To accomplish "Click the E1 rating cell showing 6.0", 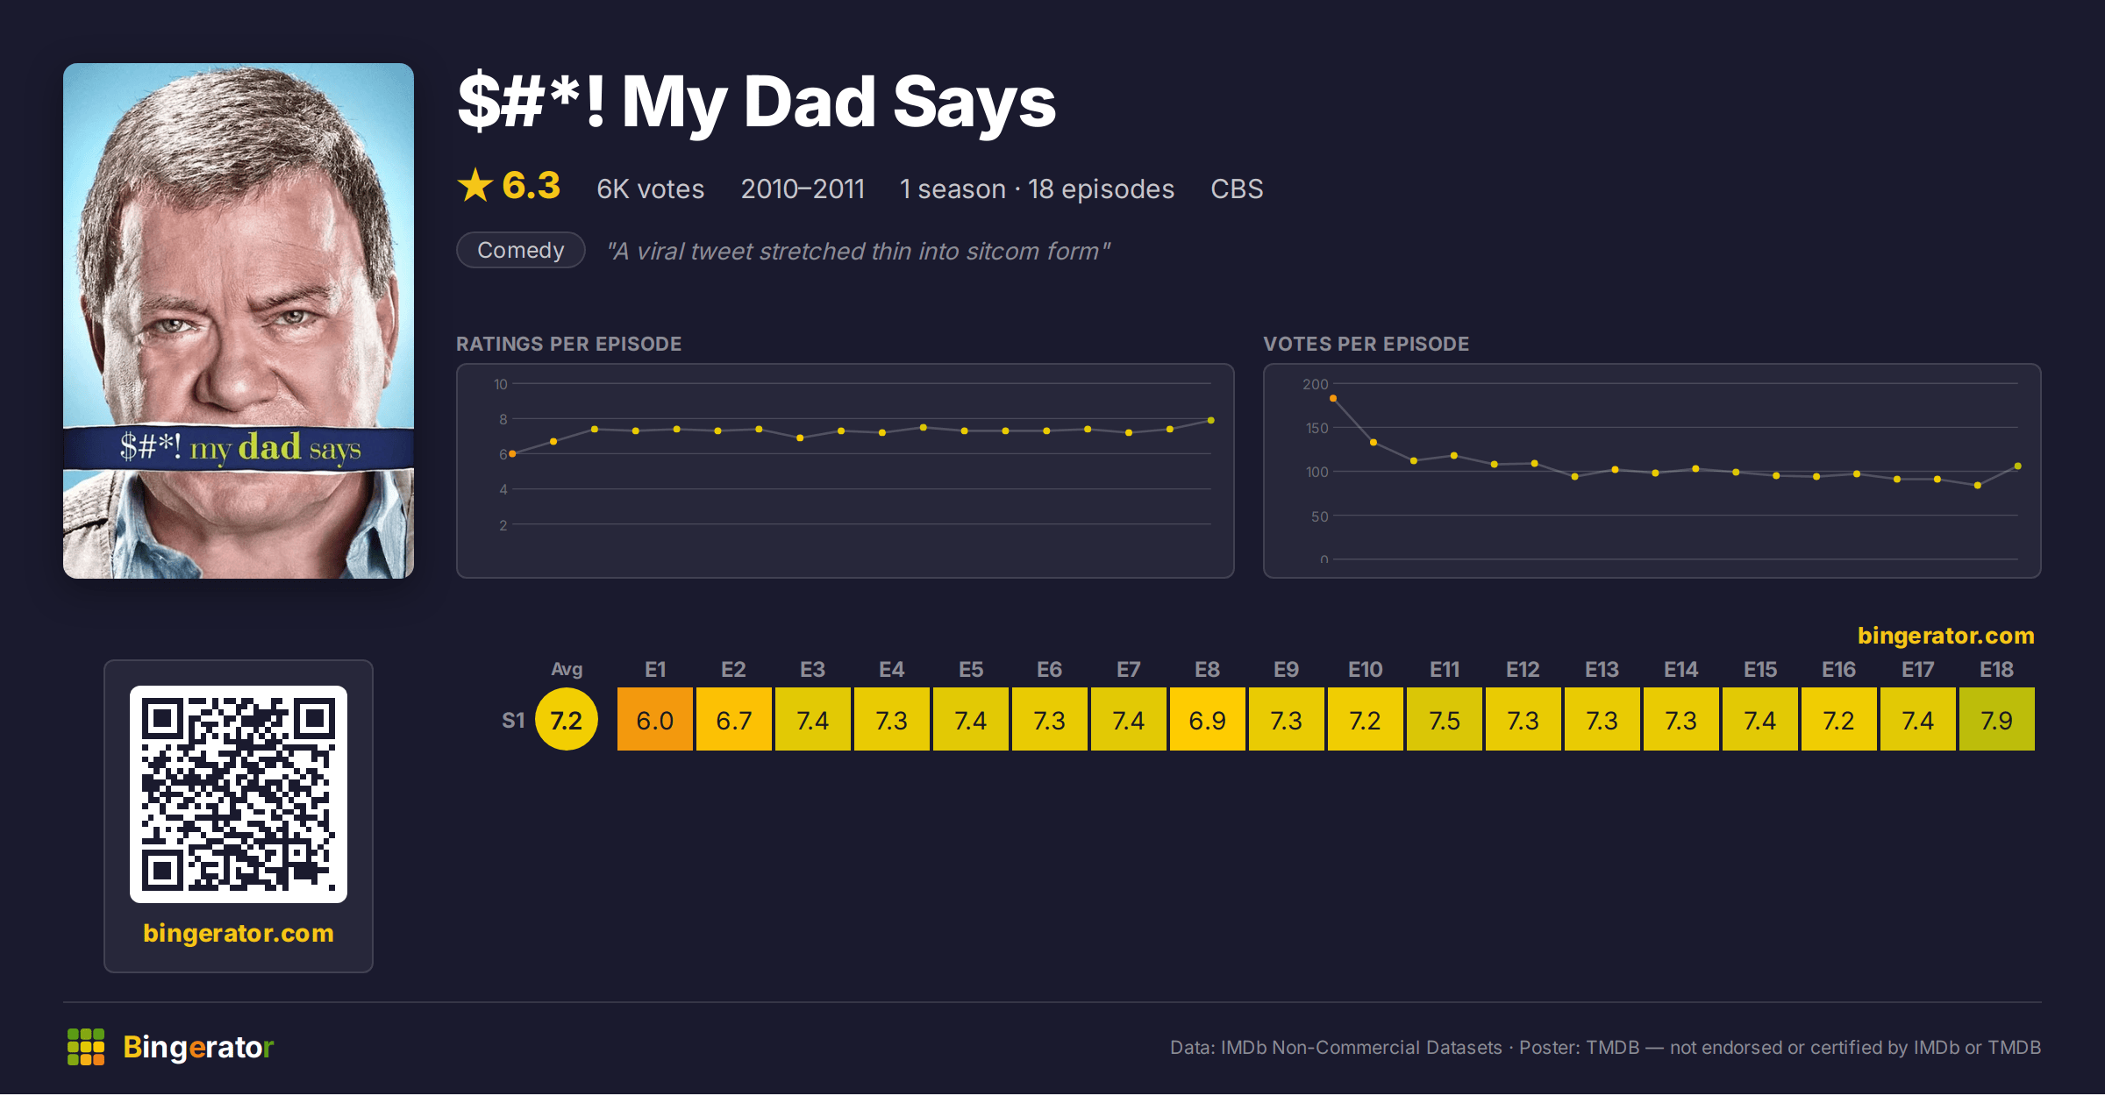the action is (655, 720).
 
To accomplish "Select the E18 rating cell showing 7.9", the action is (1996, 720).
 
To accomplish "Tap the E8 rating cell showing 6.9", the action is (1207, 720).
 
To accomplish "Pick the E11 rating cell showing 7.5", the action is (1444, 720).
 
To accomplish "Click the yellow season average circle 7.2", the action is (567, 720).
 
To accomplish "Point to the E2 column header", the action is (733, 670).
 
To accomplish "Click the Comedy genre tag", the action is (521, 251).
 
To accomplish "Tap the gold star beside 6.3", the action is (475, 185).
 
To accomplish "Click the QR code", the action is (239, 794).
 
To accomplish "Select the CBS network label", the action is (1237, 189).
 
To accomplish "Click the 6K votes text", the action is (651, 189).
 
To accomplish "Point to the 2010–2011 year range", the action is (803, 189).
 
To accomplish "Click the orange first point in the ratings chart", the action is (512, 454).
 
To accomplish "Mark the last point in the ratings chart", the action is (1211, 421).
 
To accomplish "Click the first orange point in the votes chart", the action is (1333, 399).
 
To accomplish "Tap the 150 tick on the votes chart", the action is (1317, 428).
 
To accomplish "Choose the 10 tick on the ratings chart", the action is (501, 384).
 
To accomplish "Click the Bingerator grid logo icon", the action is (86, 1047).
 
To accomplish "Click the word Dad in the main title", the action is (810, 103).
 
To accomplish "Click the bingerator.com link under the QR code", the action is (239, 933).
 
